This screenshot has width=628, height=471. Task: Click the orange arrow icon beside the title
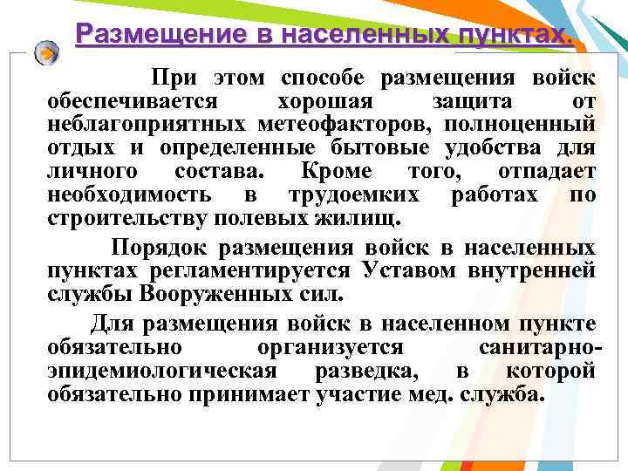pos(47,52)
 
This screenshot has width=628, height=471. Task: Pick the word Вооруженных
pos(206,293)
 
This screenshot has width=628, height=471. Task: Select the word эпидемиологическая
pos(162,372)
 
